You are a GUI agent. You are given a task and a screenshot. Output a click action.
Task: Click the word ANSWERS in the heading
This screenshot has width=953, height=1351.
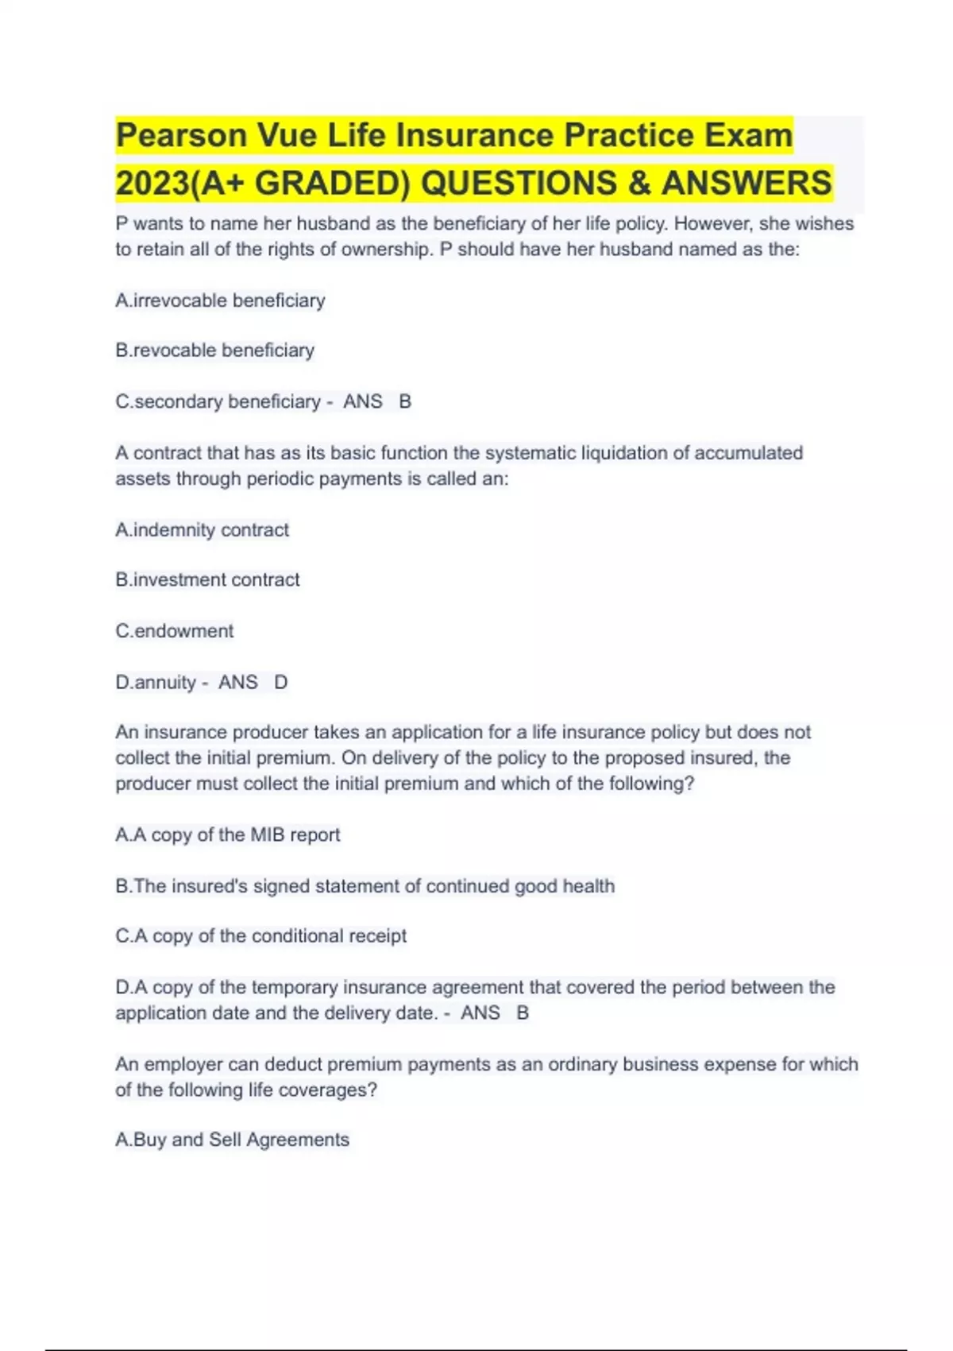coord(746,183)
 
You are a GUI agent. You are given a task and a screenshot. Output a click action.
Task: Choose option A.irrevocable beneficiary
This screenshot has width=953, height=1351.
coord(220,300)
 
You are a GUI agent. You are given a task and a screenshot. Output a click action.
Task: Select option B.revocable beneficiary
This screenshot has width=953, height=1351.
coord(214,350)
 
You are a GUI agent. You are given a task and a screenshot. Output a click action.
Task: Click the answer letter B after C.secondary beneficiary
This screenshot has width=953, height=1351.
coord(405,402)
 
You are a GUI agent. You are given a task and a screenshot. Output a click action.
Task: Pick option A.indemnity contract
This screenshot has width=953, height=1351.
coord(202,530)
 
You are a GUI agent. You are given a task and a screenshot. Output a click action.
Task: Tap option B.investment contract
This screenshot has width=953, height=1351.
coord(207,580)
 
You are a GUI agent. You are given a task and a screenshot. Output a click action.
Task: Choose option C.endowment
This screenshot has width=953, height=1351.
coord(174,631)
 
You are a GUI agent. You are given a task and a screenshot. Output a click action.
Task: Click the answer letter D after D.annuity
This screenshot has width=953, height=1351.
coord(280,683)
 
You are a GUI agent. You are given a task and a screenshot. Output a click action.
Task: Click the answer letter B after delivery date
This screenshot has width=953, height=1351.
coord(523,1013)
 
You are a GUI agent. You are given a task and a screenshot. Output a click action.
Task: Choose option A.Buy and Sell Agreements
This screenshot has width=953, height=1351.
coord(232,1140)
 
